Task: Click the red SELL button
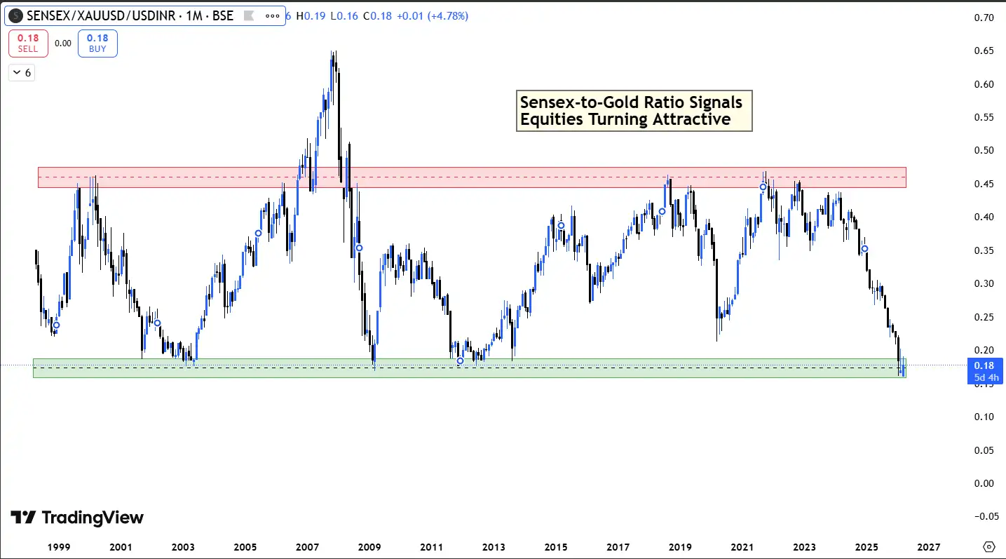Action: [x=28, y=43]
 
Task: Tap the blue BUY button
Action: [x=97, y=43]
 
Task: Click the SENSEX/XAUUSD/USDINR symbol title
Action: [x=130, y=15]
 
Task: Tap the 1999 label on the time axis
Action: [x=57, y=546]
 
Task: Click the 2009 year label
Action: [x=369, y=546]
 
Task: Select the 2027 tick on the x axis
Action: [x=928, y=546]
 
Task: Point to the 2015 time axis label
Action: [x=556, y=546]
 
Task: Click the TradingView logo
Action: [x=77, y=518]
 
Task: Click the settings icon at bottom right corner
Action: [x=989, y=546]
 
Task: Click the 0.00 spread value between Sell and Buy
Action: [x=63, y=43]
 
